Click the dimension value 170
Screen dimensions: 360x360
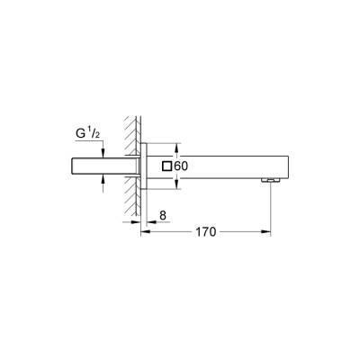tap(206, 231)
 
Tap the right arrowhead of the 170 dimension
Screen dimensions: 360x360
tap(268, 231)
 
